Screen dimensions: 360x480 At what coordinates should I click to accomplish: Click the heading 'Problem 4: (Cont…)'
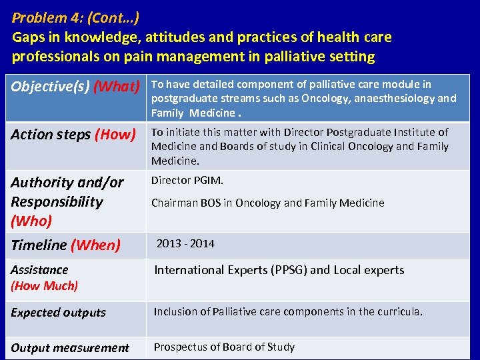(x=75, y=17)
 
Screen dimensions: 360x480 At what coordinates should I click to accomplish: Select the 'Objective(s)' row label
(x=50, y=87)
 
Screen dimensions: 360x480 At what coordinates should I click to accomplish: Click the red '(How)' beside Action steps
(x=115, y=135)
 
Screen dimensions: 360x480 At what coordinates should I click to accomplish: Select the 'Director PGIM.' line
(x=187, y=181)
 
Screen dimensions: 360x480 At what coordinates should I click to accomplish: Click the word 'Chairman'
(x=173, y=203)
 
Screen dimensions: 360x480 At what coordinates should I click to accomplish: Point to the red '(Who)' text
(x=31, y=221)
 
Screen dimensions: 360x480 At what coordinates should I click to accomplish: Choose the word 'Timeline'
(x=39, y=245)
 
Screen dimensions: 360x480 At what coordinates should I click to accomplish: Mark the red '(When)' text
(x=95, y=245)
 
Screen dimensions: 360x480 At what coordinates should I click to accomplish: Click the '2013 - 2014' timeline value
(x=185, y=244)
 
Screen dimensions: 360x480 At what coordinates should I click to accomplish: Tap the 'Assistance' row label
(x=39, y=270)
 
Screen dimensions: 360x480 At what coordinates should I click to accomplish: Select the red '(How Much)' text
(x=44, y=286)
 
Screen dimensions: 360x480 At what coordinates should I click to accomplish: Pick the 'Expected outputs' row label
(x=58, y=313)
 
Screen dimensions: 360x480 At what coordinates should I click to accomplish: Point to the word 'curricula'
(x=397, y=312)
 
